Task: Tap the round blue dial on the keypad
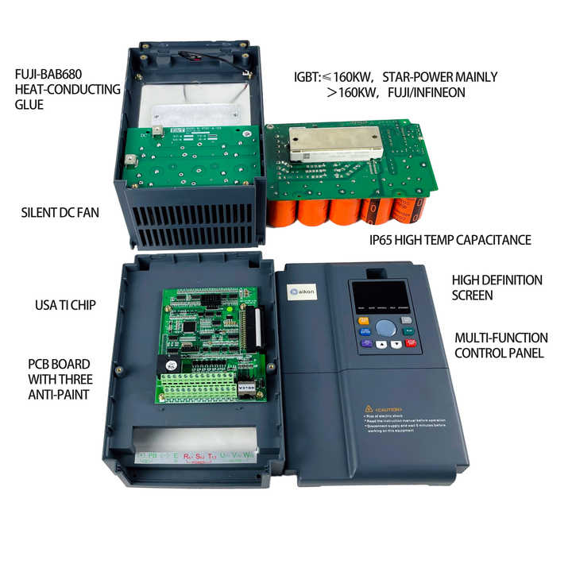(385, 327)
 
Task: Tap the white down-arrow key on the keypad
(396, 345)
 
